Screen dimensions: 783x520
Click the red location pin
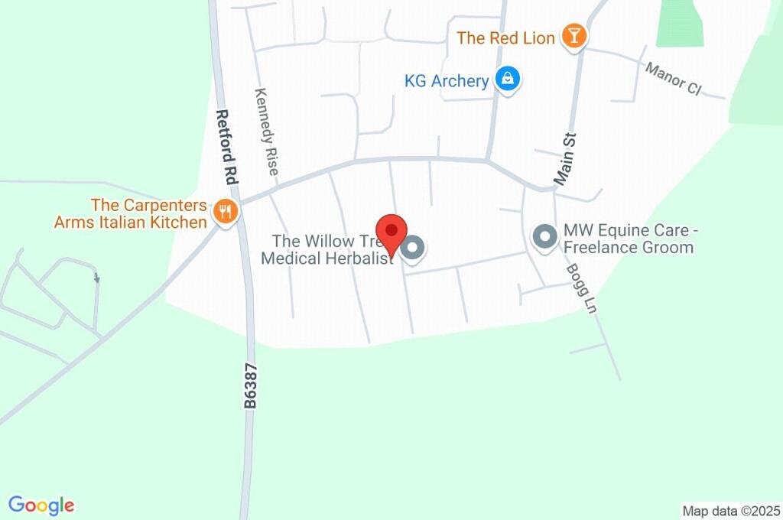coord(393,231)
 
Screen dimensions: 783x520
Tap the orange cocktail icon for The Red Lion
coord(573,36)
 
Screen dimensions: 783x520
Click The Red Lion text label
coord(505,37)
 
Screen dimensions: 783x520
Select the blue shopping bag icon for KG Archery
coord(506,78)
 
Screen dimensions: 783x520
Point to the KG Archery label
coord(447,80)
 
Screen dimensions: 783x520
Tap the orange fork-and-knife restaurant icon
coord(224,212)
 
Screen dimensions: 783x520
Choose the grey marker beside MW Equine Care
coord(545,237)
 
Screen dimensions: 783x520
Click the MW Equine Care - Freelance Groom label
coord(629,239)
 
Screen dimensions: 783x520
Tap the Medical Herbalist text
coord(327,258)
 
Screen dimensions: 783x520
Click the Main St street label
coord(566,159)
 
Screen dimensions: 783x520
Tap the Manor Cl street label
coord(673,79)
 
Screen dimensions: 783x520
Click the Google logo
coord(41,505)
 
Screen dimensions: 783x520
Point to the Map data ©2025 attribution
coord(731,511)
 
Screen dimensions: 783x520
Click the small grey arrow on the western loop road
coord(96,278)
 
